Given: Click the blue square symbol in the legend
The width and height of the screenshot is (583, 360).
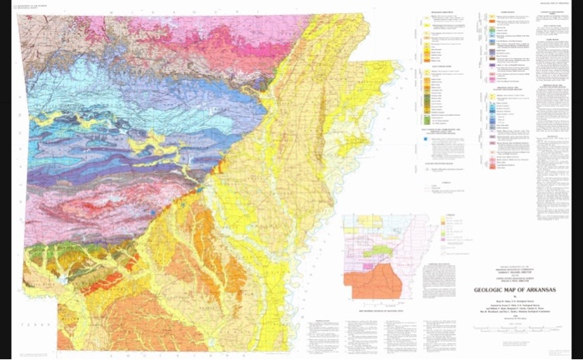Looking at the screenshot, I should tap(428, 139).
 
